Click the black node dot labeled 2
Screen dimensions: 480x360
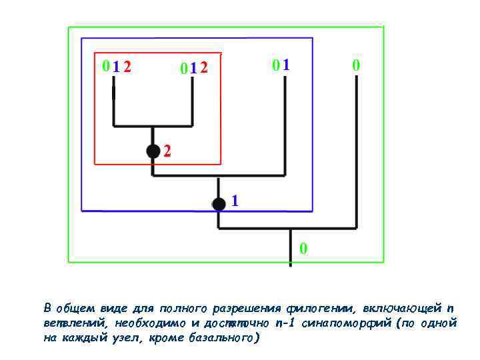point(153,151)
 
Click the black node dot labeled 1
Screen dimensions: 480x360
point(219,204)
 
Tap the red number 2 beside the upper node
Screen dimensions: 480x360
point(167,152)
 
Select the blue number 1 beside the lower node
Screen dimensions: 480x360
point(235,200)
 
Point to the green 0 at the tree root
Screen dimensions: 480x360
point(303,249)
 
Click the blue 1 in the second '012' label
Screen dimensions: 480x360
point(193,68)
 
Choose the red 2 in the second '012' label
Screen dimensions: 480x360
point(204,68)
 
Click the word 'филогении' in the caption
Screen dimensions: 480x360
point(317,308)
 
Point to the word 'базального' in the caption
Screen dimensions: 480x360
point(223,337)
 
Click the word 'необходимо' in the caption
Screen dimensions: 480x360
point(149,323)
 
